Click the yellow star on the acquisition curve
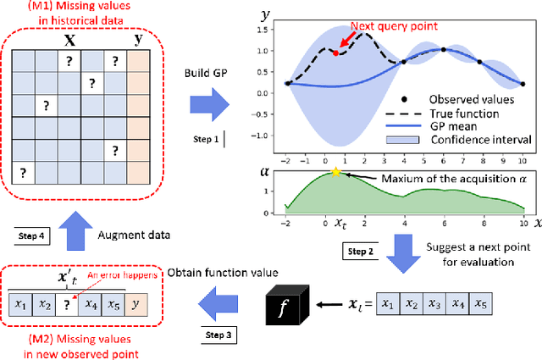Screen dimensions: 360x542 tap(336, 172)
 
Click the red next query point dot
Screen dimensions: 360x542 tap(336, 53)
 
